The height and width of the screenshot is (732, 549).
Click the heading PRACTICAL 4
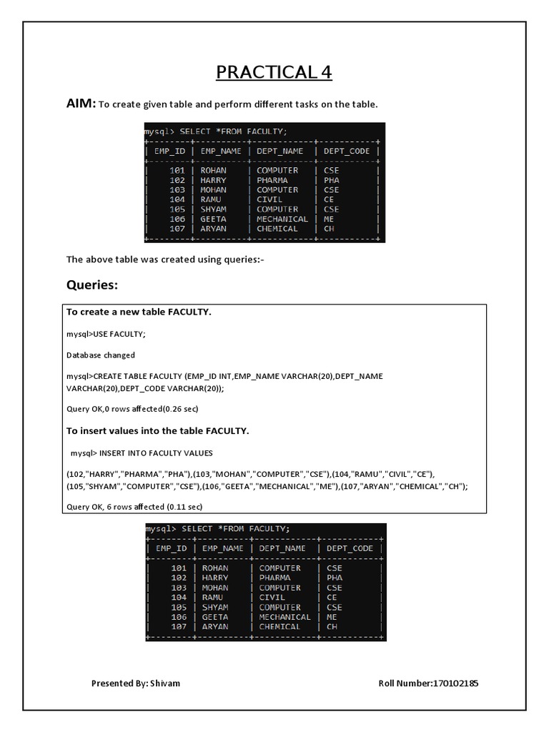(x=274, y=72)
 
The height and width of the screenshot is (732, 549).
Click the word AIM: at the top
(x=81, y=104)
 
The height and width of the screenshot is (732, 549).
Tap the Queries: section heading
(x=92, y=285)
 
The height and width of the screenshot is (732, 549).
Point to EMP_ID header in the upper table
(x=169, y=151)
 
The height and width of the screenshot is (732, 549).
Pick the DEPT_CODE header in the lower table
(x=350, y=548)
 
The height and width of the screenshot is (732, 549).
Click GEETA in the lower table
(x=215, y=617)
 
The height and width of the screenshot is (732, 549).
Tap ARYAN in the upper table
(x=213, y=229)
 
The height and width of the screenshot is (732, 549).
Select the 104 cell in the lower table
(x=179, y=597)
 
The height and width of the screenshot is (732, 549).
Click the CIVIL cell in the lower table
(x=272, y=597)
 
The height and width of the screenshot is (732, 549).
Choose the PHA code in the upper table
(x=331, y=180)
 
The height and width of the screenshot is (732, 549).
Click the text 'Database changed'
(x=100, y=355)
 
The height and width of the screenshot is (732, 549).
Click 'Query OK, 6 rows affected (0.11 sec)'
(x=134, y=507)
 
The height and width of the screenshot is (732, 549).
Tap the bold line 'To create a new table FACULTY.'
(x=139, y=312)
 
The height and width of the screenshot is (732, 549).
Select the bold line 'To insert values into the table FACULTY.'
(x=157, y=431)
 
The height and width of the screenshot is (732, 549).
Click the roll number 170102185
(x=455, y=683)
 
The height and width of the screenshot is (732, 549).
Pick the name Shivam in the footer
(x=165, y=683)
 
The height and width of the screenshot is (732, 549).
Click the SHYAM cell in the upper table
(x=214, y=209)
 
